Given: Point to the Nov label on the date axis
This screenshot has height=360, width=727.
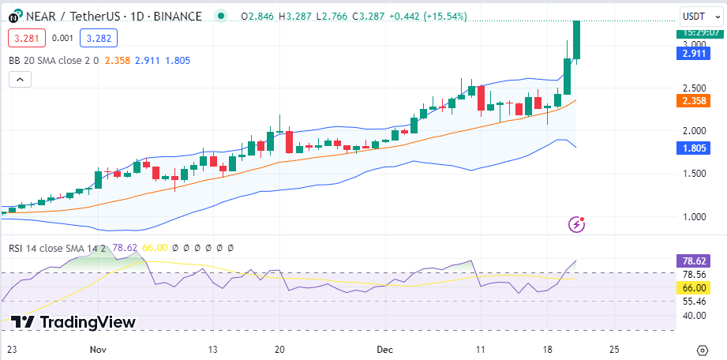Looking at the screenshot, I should (98, 348).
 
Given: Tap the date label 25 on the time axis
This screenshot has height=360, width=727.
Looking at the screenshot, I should (614, 348).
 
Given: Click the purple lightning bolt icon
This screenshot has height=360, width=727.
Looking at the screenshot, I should (577, 225).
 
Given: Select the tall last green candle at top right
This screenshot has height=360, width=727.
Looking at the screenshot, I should (577, 39).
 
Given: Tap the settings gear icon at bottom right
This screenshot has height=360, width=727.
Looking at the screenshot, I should (703, 349).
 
